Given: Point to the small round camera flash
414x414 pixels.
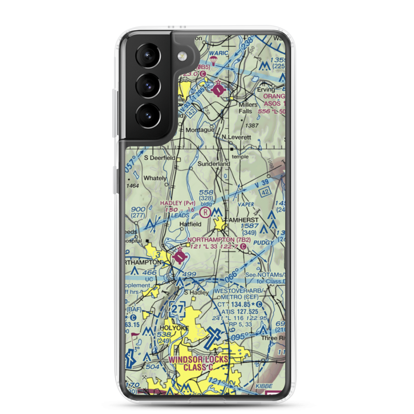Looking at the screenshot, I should (181, 56).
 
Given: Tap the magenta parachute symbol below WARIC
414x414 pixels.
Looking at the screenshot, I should (214, 62).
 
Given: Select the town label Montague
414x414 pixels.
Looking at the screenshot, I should (200, 130).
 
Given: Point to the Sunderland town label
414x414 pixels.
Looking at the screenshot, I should (213, 164).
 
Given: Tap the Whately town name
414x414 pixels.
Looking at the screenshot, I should (155, 178).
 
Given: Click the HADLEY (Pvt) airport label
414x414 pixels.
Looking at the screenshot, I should (177, 202).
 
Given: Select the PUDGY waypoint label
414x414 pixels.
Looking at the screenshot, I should (265, 242).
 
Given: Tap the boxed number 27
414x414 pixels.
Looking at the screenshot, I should (178, 309).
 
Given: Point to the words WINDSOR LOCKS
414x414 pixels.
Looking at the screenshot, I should (198, 360).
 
